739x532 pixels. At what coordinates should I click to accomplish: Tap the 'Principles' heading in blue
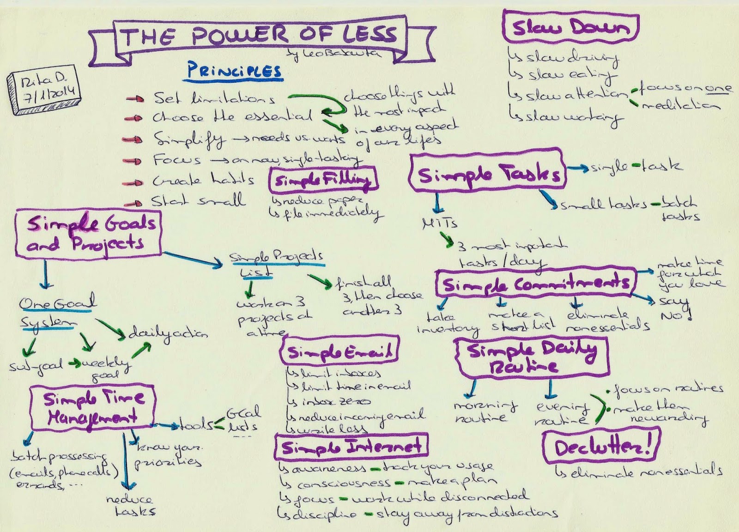click(234, 71)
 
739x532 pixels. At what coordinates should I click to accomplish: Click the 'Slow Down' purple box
click(570, 27)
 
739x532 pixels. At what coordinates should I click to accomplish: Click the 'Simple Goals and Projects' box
click(87, 233)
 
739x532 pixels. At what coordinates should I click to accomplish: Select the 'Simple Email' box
click(340, 352)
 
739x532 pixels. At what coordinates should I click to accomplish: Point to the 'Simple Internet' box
click(351, 446)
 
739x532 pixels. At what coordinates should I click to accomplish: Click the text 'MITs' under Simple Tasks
click(439, 224)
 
